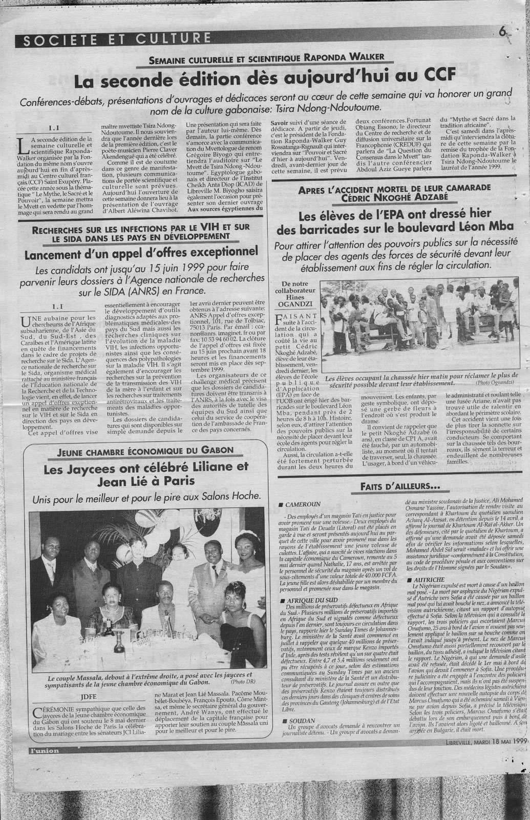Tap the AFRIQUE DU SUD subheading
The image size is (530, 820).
click(309, 599)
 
